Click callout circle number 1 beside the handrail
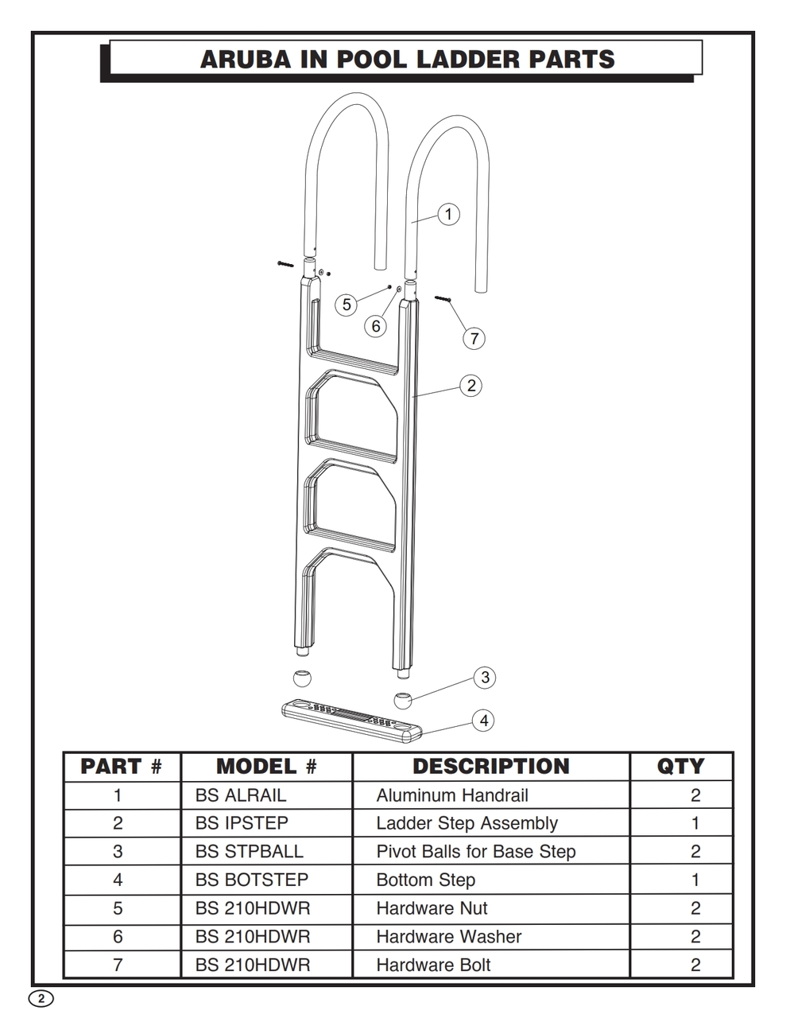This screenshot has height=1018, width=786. coord(448,215)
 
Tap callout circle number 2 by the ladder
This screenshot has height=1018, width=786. coord(471,386)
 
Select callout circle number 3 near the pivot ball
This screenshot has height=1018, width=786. coord(485,677)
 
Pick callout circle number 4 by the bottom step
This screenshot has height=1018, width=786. coord(483,721)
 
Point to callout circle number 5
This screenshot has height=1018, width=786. coord(347,305)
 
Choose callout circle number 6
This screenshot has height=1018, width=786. coord(375,326)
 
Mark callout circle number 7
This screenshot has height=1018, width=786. coord(474,338)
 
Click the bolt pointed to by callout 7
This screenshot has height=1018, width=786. coord(443,298)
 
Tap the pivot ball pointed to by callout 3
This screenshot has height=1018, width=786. coord(402,700)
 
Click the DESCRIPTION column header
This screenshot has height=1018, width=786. coord(491,767)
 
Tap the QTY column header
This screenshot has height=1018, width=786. coord(680,767)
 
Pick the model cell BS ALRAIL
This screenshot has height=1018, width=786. coord(241,795)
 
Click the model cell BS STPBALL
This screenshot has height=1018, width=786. coord(249,851)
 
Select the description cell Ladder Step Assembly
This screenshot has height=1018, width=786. coord(467,824)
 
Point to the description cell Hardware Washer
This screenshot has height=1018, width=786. coord(448,937)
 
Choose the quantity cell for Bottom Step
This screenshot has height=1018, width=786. coord(695,880)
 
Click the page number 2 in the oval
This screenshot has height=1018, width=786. coord(41,998)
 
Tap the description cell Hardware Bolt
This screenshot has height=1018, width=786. coord(433,965)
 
